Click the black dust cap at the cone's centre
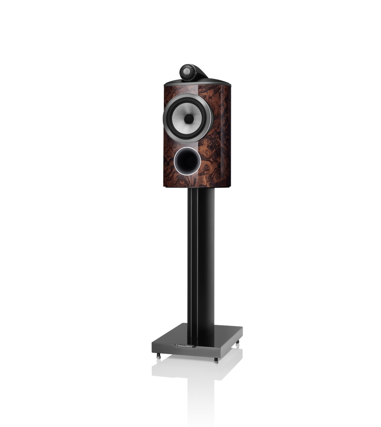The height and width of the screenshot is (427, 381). (x=188, y=118)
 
